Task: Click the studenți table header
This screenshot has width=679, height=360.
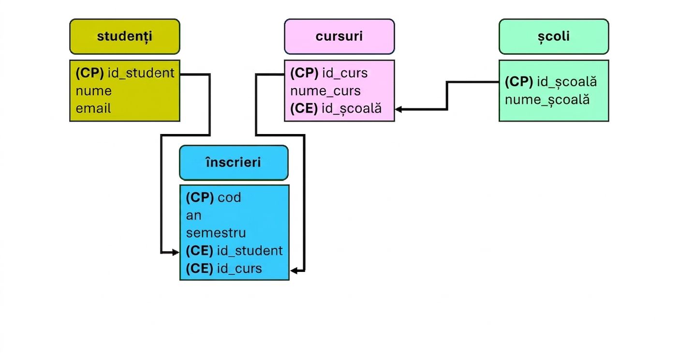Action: click(125, 36)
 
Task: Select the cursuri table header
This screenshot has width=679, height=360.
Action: click(339, 36)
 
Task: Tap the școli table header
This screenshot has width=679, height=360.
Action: click(554, 36)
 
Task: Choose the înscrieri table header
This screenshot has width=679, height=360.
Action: click(234, 163)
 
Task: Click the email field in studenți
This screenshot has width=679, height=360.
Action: click(93, 108)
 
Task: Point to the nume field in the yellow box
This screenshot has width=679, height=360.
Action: click(94, 90)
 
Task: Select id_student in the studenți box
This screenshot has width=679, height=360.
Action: click(141, 73)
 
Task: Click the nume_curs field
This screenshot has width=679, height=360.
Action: click(325, 91)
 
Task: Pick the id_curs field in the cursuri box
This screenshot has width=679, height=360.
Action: click(345, 73)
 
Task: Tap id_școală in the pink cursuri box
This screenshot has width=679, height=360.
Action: click(351, 108)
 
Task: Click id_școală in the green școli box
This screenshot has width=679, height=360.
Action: click(567, 82)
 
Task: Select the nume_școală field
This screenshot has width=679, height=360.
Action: click(547, 100)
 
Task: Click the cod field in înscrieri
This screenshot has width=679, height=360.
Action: click(229, 197)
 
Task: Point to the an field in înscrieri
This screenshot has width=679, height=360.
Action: click(194, 216)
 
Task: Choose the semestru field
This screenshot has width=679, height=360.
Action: click(216, 233)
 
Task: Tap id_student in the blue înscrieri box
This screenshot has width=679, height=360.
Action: click(250, 251)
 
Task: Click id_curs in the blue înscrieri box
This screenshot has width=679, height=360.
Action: click(239, 269)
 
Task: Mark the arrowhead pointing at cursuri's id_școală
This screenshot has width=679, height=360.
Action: click(399, 109)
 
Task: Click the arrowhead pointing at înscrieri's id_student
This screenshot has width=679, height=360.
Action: click(176, 252)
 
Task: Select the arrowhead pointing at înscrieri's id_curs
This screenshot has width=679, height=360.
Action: click(294, 270)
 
